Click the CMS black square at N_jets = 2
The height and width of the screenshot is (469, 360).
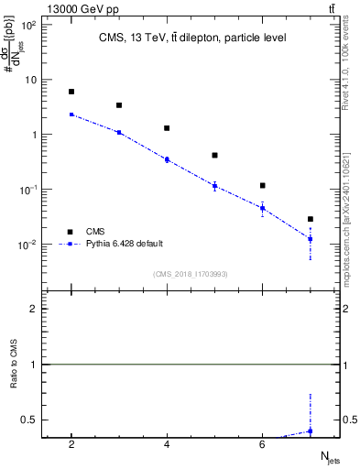point(71,92)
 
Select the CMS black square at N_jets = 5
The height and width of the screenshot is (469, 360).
point(214,156)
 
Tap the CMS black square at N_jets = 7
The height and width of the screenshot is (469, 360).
point(311,219)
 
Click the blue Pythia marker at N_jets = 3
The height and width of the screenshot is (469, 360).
point(119,132)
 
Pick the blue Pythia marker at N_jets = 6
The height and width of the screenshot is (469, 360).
point(262,208)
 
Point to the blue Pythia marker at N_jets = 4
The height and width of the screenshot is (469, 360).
point(167,159)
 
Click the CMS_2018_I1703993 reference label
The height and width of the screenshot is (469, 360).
point(190,274)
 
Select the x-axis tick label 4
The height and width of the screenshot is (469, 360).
point(167,444)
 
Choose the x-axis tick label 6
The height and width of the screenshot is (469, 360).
point(262,444)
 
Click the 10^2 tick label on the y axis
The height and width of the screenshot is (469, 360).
point(27,25)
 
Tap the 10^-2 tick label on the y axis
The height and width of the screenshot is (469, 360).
point(27,245)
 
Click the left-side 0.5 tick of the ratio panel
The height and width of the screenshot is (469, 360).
point(28,420)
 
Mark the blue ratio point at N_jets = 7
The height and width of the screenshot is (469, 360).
point(311,431)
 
